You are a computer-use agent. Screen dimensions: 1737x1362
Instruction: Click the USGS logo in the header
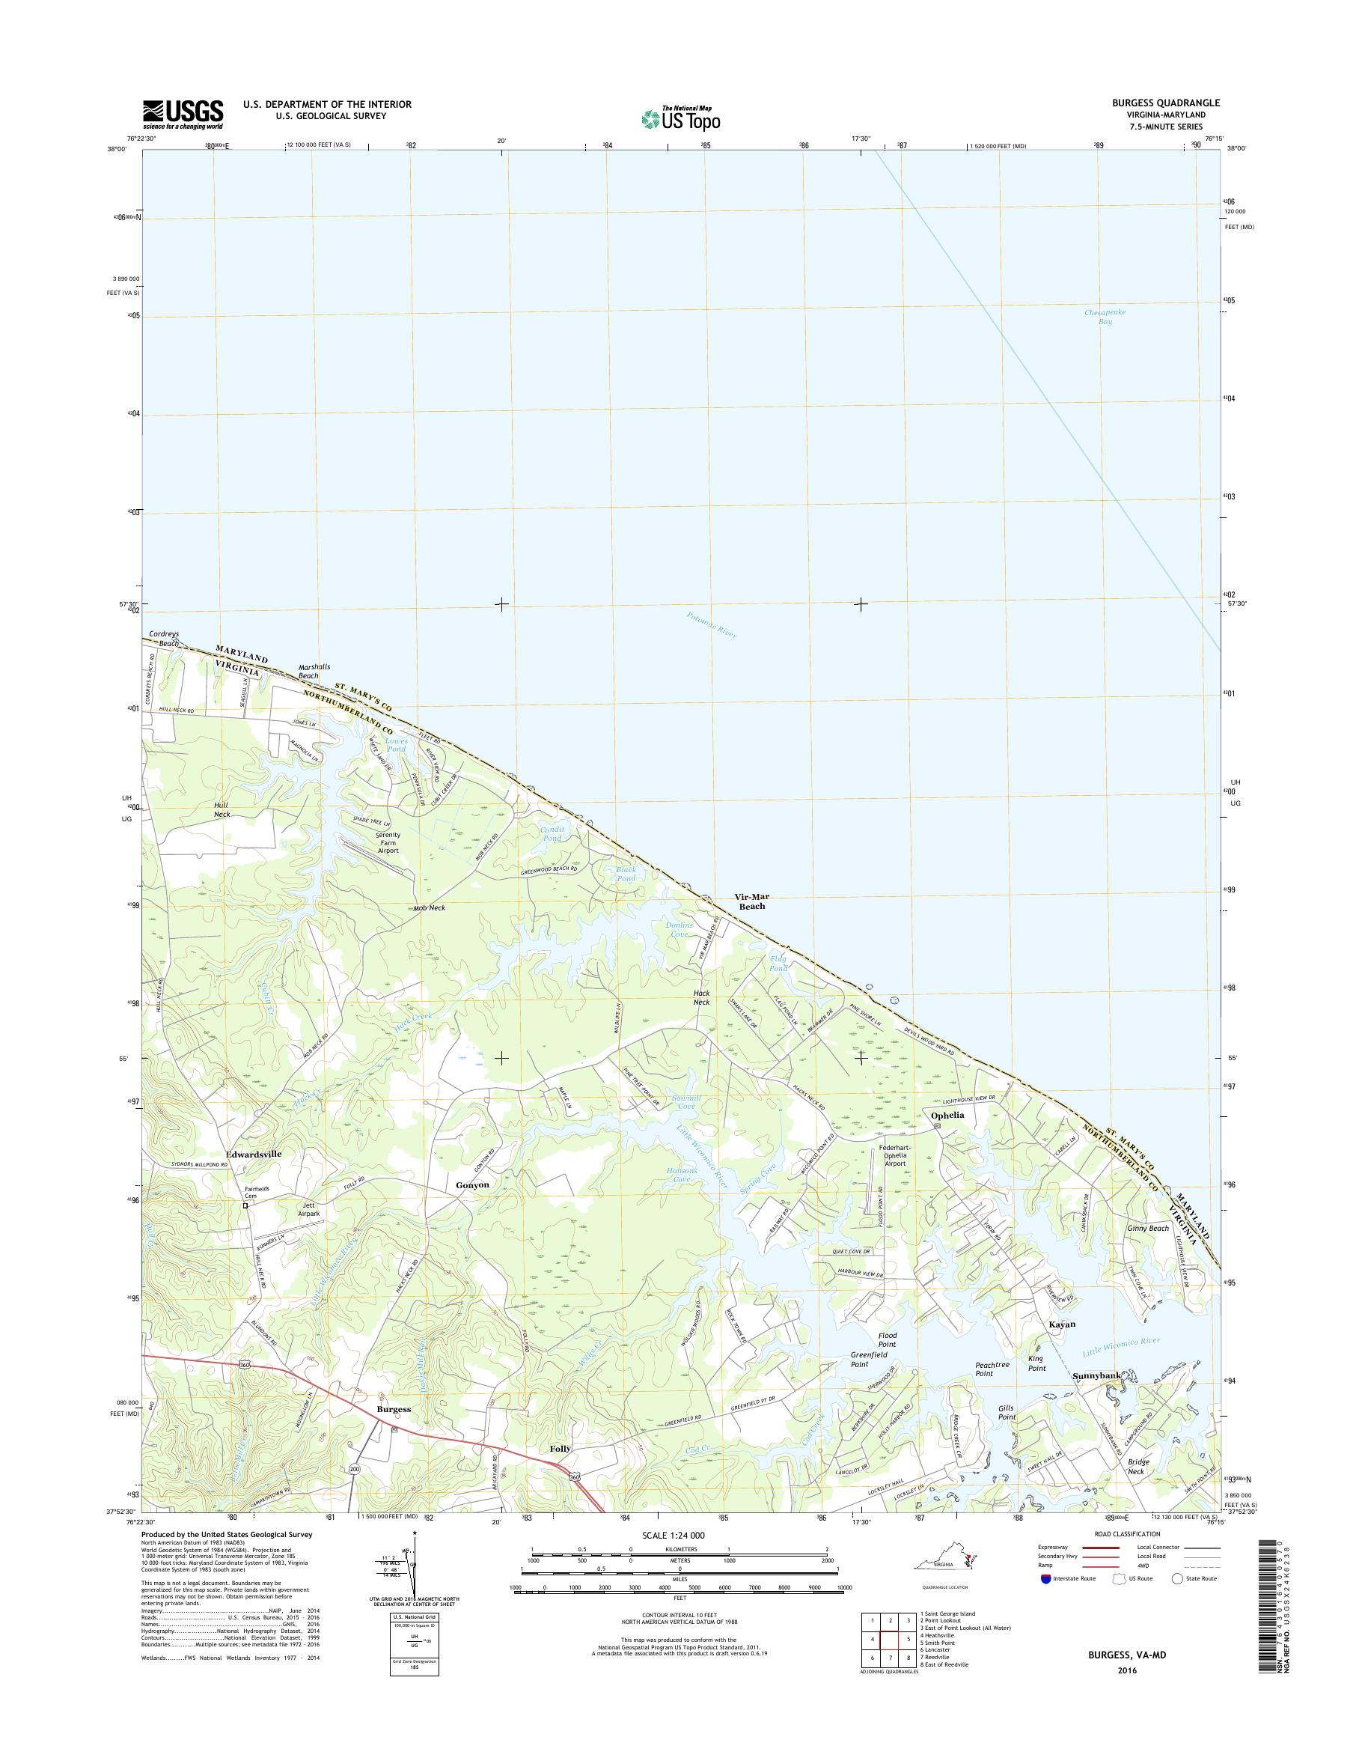pyautogui.click(x=183, y=114)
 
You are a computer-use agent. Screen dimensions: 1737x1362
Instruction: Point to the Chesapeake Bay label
pyautogui.click(x=1105, y=317)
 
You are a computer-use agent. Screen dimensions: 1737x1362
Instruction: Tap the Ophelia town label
pyautogui.click(x=947, y=1116)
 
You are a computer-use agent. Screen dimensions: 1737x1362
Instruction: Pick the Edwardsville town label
pyautogui.click(x=254, y=1154)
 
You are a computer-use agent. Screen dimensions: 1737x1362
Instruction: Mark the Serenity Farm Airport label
pyautogui.click(x=388, y=842)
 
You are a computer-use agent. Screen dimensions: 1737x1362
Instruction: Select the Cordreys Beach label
pyautogui.click(x=165, y=639)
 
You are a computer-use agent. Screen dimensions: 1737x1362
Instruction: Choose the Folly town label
pyautogui.click(x=561, y=1447)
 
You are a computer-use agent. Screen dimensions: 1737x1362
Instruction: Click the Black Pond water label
pyautogui.click(x=626, y=874)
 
